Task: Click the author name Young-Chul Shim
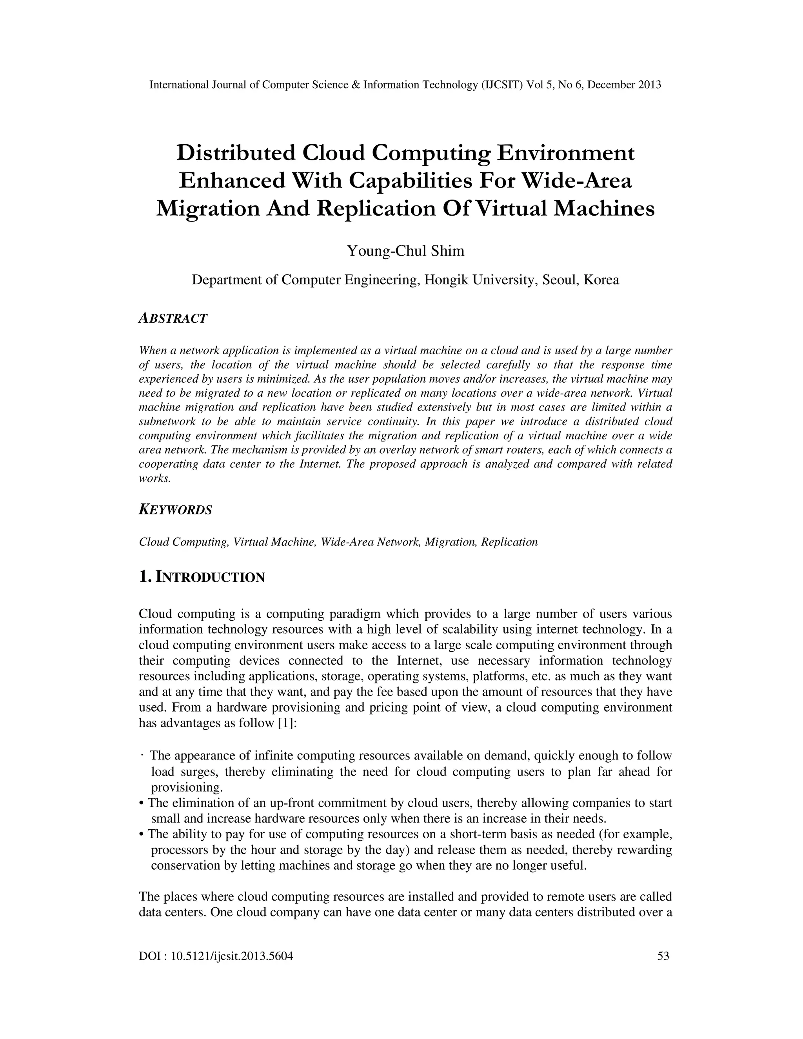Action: point(405,251)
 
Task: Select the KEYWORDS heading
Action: point(175,510)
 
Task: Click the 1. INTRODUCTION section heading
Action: point(202,577)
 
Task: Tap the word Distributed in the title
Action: point(236,153)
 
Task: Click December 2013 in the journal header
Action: point(624,85)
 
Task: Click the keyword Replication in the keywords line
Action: point(509,542)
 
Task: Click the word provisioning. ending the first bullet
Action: point(187,787)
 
